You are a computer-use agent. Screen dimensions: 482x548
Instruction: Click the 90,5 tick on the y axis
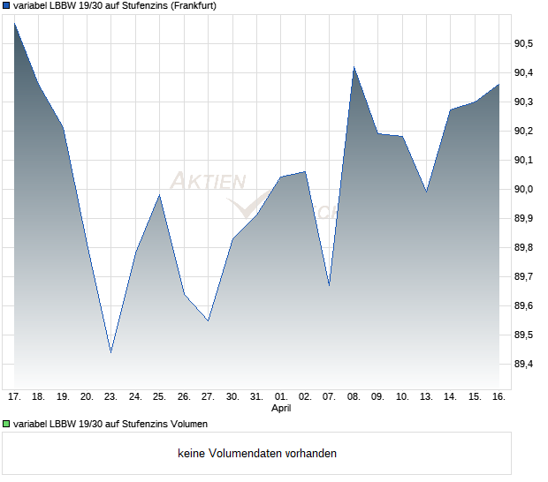click(x=524, y=43)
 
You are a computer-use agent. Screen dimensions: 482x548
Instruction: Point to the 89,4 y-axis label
click(x=524, y=364)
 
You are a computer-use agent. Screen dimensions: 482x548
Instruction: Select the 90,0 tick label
click(x=524, y=189)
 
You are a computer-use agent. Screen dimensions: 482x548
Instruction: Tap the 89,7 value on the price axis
click(x=524, y=276)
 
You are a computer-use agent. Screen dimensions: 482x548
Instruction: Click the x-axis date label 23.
click(x=110, y=397)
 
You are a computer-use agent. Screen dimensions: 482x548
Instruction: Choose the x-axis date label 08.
click(x=354, y=397)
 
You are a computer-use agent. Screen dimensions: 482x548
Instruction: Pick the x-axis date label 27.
click(x=208, y=397)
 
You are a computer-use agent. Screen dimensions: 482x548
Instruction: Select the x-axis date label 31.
click(x=256, y=397)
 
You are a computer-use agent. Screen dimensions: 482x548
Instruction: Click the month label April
click(x=281, y=409)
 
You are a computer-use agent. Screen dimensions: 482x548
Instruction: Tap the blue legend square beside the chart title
click(x=7, y=5)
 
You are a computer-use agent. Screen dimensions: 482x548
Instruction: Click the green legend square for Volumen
click(x=7, y=424)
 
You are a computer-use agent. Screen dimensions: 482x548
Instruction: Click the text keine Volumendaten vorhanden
click(x=257, y=454)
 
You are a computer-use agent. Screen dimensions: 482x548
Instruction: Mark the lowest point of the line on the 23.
click(x=110, y=352)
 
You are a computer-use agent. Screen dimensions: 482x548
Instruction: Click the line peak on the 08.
click(x=354, y=67)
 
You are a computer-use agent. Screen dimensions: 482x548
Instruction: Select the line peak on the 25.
click(x=159, y=195)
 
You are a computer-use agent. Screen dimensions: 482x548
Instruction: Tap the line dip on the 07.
click(x=329, y=285)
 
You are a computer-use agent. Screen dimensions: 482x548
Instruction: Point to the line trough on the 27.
click(x=208, y=320)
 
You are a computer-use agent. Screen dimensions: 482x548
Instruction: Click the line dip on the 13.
click(x=427, y=192)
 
